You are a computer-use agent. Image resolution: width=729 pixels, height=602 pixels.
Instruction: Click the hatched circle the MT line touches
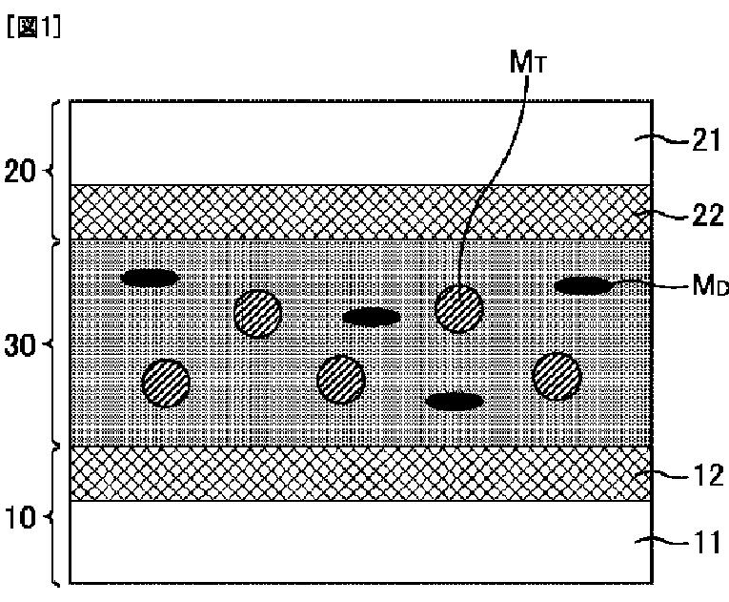(x=458, y=308)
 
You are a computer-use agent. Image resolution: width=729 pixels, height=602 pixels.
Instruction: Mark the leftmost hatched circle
(x=166, y=383)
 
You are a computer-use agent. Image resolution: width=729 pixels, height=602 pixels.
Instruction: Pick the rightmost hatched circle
(x=557, y=376)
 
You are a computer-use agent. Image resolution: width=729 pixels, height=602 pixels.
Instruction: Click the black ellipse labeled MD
(x=582, y=284)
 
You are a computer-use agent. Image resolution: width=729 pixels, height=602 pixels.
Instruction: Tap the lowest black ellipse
(x=455, y=402)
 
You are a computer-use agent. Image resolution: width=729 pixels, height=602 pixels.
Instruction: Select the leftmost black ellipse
(x=151, y=278)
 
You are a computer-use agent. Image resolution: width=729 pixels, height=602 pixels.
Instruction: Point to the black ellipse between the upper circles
(x=371, y=317)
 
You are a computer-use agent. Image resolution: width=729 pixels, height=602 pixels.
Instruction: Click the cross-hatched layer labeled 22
(x=362, y=212)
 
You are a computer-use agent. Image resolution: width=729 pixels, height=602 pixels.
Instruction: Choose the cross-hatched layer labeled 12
(x=362, y=473)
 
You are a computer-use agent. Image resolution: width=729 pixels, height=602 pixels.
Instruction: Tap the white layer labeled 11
(x=362, y=541)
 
